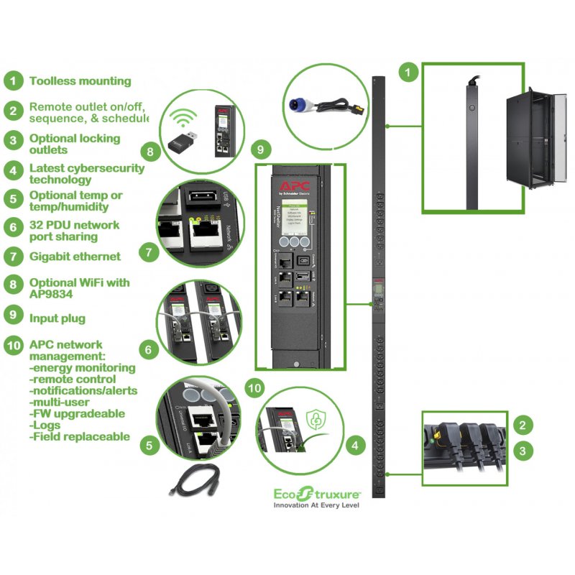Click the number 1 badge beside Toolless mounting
coord(13,81)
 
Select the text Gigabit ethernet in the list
coord(75,256)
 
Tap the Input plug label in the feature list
coord(57,318)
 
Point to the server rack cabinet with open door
coord(527,141)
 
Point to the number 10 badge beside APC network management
coord(13,344)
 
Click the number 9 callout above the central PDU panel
coord(260,150)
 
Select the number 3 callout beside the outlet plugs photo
coord(525,451)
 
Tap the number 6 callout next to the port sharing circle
coord(147,350)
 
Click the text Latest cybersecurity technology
coord(86,174)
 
